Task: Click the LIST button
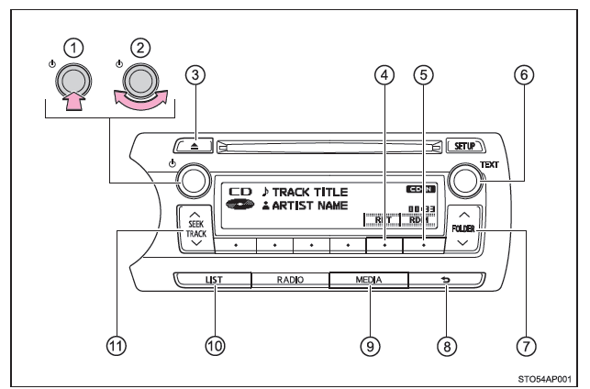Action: click(213, 281)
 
